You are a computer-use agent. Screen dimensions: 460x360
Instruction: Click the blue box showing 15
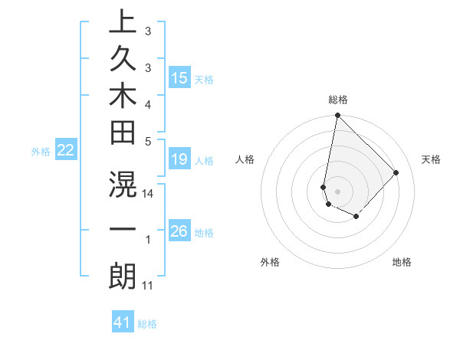click(179, 78)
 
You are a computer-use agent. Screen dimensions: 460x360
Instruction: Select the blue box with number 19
click(179, 160)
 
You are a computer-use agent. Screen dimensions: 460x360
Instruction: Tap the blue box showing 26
click(179, 231)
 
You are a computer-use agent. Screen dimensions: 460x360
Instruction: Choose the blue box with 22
click(66, 151)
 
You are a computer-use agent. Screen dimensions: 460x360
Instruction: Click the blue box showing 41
click(123, 323)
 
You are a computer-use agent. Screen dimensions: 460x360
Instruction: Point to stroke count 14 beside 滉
click(149, 195)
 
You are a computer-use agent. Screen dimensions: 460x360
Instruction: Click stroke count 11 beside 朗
click(148, 286)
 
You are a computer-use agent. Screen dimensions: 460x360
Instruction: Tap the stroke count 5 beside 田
click(148, 140)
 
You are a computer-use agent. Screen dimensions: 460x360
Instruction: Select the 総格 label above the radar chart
click(338, 100)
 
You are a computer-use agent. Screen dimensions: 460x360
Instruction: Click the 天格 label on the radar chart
click(431, 159)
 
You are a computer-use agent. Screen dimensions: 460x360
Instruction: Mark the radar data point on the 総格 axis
click(337, 116)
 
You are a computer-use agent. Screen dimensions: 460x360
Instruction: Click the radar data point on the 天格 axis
click(396, 172)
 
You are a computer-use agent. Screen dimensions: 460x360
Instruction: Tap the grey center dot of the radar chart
click(337, 191)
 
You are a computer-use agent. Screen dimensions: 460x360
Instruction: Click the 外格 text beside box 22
click(41, 152)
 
